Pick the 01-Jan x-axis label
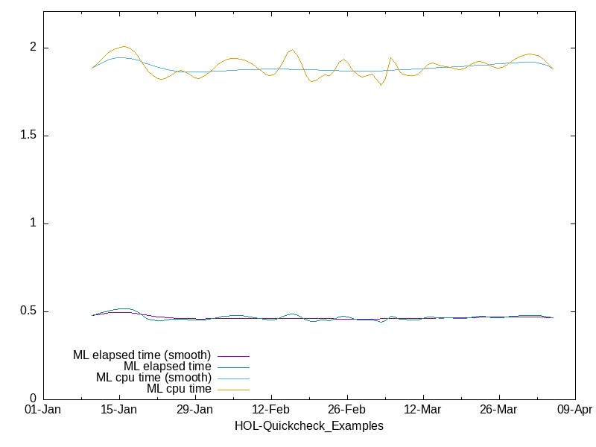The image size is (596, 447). [43, 410]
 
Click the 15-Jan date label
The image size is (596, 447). [119, 410]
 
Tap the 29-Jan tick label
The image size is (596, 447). [195, 410]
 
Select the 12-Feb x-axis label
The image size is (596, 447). [271, 410]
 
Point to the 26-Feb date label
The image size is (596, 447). [346, 410]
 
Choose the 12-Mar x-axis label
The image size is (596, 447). [422, 410]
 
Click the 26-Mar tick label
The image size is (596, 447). [498, 410]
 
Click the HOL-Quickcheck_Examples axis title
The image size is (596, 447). [309, 426]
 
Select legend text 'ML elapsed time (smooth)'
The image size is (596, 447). [142, 355]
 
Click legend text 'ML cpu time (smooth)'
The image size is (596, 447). [153, 378]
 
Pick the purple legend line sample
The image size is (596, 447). [233, 357]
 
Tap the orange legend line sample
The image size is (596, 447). [233, 390]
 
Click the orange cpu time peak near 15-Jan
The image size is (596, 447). [124, 46]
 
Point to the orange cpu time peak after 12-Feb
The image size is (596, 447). [292, 50]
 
